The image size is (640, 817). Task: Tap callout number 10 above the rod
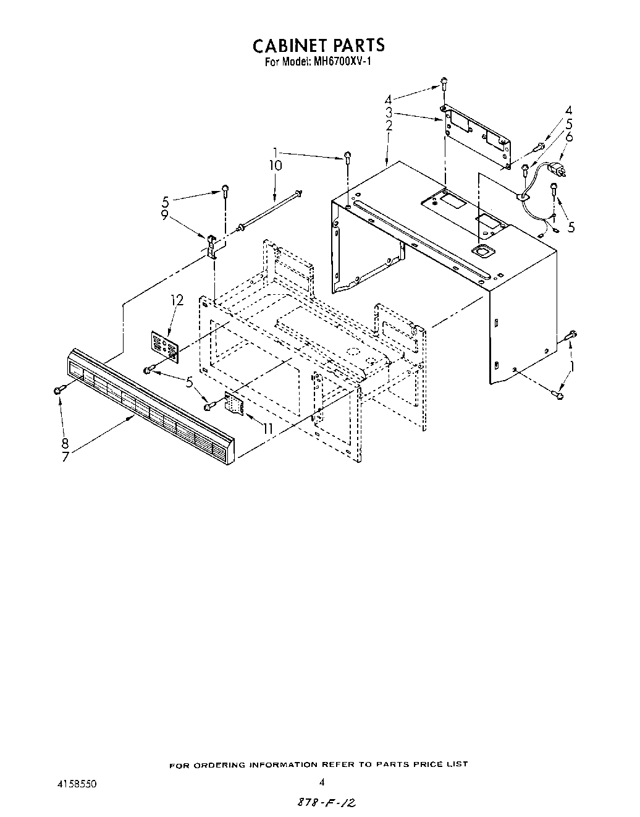[x=275, y=166]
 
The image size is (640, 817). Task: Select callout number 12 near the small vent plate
[x=177, y=300]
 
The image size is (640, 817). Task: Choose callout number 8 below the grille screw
[x=65, y=443]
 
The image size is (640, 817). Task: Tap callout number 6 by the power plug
[x=569, y=137]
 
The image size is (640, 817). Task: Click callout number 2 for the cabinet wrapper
[x=389, y=126]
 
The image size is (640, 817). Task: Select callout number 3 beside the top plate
[x=389, y=113]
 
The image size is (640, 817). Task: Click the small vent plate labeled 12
[x=165, y=344]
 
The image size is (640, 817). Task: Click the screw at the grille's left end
[x=59, y=389]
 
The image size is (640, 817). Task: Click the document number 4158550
[x=77, y=783]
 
